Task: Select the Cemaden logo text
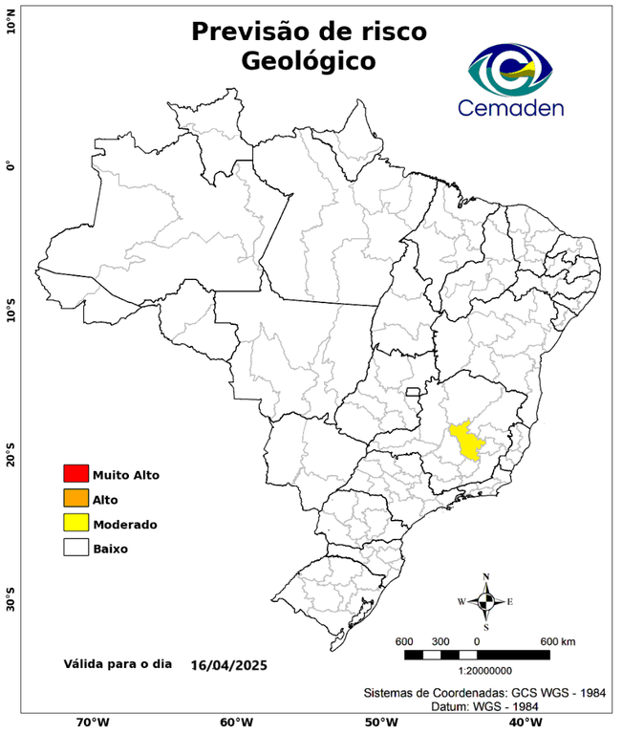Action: pyautogui.click(x=511, y=107)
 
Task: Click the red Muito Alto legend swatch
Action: pyautogui.click(x=75, y=473)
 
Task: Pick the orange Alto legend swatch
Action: pyautogui.click(x=75, y=498)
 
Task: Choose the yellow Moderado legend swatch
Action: pyautogui.click(x=75, y=523)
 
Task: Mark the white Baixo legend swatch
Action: pyautogui.click(x=75, y=548)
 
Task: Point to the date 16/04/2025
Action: pyautogui.click(x=228, y=664)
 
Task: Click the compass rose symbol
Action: pyautogui.click(x=486, y=601)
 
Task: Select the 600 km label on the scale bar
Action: pyautogui.click(x=557, y=640)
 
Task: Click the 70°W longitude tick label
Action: pyautogui.click(x=92, y=722)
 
